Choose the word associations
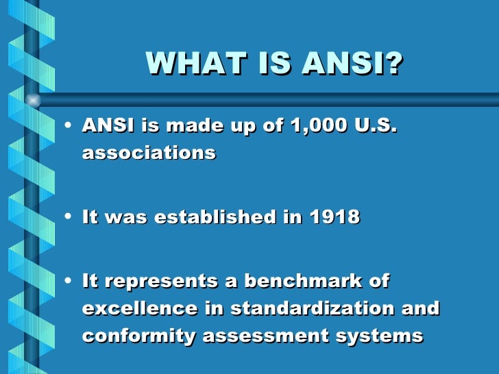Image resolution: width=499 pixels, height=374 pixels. tap(149, 152)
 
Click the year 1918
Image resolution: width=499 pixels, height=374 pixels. tap(334, 217)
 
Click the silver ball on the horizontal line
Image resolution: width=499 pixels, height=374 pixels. tap(32, 100)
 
